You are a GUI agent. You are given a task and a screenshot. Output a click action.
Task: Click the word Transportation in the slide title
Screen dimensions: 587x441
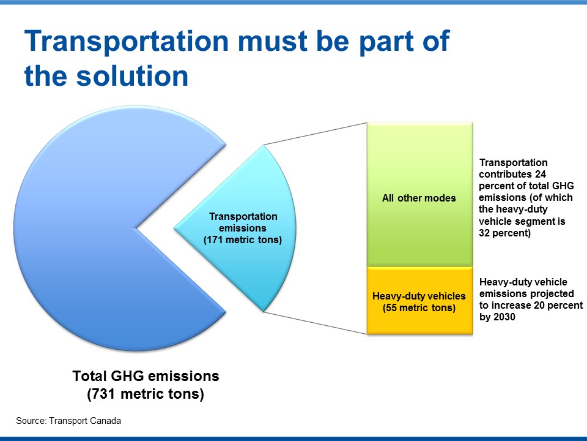pyautogui.click(x=127, y=41)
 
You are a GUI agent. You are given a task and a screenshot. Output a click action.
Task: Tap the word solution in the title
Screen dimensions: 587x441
pyautogui.click(x=133, y=75)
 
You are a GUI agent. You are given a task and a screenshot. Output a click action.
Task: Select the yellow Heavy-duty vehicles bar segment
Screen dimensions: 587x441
pyautogui.click(x=419, y=300)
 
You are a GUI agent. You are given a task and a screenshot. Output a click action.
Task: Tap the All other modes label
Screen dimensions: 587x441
pyautogui.click(x=419, y=198)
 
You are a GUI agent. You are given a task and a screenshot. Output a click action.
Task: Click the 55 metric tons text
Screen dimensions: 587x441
pyautogui.click(x=419, y=308)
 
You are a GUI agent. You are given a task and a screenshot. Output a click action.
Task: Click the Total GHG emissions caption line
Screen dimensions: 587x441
pyautogui.click(x=146, y=375)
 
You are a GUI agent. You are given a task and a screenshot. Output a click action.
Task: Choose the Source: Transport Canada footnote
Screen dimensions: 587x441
pyautogui.click(x=68, y=421)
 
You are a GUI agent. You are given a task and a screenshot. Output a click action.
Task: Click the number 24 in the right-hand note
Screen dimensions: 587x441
pyautogui.click(x=540, y=174)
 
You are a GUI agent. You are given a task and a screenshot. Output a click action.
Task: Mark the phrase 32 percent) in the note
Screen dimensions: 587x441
pyautogui.click(x=504, y=233)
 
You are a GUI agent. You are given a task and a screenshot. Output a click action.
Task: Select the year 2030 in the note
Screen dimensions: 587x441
pyautogui.click(x=504, y=317)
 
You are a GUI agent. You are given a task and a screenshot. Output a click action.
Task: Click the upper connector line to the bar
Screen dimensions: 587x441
pyautogui.click(x=316, y=134)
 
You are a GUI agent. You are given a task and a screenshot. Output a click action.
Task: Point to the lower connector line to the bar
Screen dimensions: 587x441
pyautogui.click(x=316, y=323)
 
